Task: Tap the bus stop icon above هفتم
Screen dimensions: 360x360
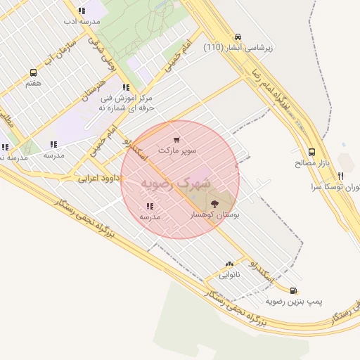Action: click(x=33, y=72)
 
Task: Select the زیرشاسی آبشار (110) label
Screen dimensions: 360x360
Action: click(x=238, y=47)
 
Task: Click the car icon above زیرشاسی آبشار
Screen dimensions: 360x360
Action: click(x=238, y=37)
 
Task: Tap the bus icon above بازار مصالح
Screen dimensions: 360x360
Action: click(x=312, y=152)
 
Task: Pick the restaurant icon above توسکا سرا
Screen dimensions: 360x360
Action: click(x=340, y=176)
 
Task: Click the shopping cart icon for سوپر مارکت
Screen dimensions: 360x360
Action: click(x=176, y=140)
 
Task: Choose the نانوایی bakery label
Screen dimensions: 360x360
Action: click(x=229, y=275)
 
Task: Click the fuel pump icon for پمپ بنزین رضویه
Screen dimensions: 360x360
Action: click(x=293, y=290)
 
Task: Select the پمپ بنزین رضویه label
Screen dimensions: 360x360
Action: click(x=294, y=301)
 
